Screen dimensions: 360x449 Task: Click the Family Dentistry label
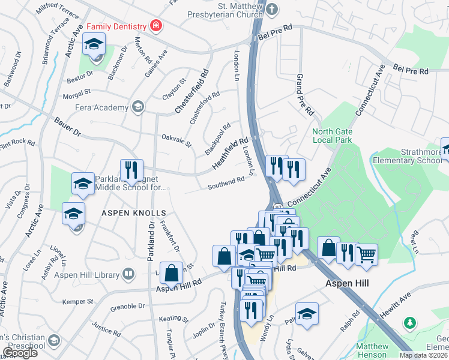click(116, 26)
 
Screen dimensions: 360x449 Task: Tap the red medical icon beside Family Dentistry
click(156, 25)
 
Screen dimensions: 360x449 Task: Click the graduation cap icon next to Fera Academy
click(138, 107)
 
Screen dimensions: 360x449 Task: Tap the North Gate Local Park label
click(331, 136)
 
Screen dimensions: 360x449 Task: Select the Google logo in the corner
click(20, 353)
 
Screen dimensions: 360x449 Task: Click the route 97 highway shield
click(279, 206)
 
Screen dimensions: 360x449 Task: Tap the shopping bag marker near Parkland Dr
click(171, 273)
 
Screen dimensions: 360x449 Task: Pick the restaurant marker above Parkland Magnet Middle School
click(131, 170)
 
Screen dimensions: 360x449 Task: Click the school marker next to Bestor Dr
click(94, 45)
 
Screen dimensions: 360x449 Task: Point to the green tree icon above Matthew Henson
click(410, 323)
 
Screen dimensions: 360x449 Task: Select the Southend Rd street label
click(226, 182)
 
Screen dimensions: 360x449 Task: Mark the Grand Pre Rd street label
click(304, 95)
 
